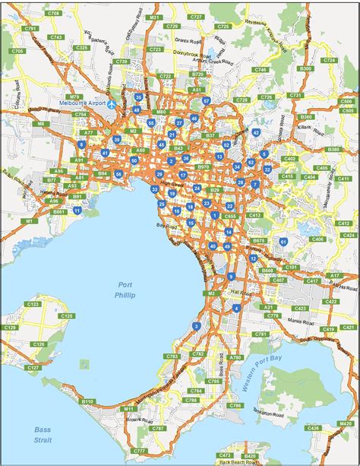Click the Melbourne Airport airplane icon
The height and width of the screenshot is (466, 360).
point(112,104)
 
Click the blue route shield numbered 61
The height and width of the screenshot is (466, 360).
point(283,242)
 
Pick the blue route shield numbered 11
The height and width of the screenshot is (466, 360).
point(77,210)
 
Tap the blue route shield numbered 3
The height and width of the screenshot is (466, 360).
point(197,326)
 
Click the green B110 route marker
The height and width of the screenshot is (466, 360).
point(87,401)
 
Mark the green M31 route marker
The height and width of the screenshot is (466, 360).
point(155,16)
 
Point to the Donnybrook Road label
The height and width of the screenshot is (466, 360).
point(177,56)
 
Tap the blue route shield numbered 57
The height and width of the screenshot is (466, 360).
point(206,100)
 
